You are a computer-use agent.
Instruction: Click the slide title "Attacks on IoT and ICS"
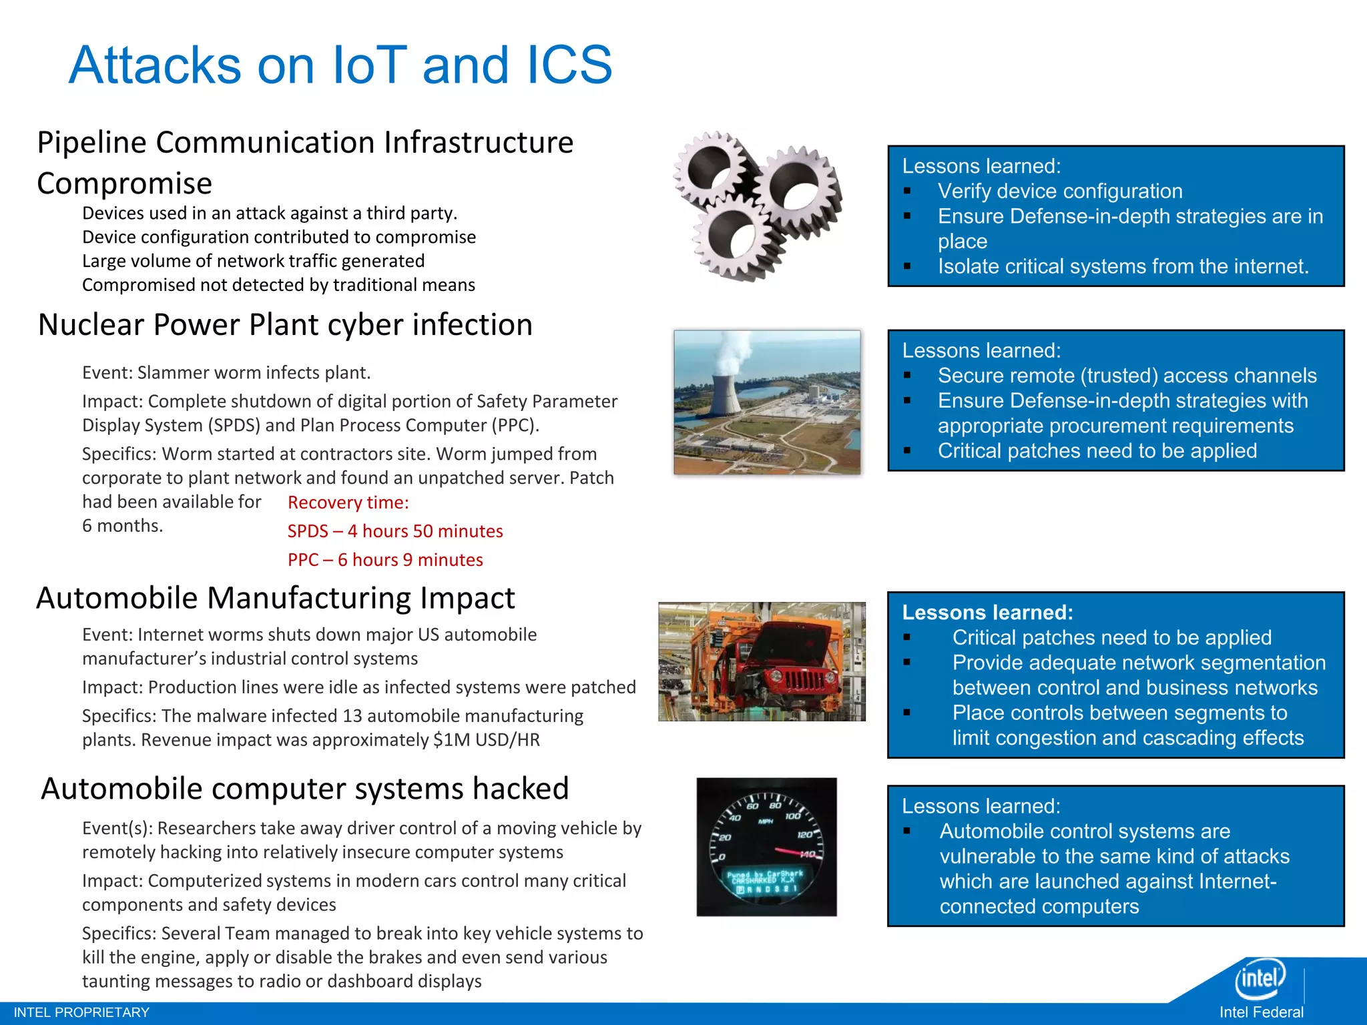pos(340,65)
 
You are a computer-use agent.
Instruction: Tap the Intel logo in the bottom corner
pos(1260,979)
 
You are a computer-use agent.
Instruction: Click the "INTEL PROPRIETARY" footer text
pos(81,1012)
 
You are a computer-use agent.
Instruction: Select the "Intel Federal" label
pos(1261,1012)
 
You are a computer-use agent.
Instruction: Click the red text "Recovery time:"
pos(348,502)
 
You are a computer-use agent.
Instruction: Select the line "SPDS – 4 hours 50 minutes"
pos(395,531)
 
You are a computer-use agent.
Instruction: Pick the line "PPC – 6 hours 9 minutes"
pos(385,560)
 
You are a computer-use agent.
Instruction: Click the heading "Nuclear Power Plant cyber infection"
pos(285,325)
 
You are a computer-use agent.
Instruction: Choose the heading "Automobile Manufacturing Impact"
pos(275,598)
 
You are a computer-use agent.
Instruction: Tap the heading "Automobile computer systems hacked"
pos(304,789)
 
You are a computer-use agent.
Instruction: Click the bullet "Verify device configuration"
pos(1059,192)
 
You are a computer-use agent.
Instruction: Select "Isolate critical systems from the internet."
pos(1123,266)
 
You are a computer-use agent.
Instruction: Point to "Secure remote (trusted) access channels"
pos(1127,376)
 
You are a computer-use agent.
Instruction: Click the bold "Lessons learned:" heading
pos(987,613)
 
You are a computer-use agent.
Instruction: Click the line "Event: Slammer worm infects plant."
pos(226,372)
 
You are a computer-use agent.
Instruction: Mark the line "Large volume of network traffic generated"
pos(253,261)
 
